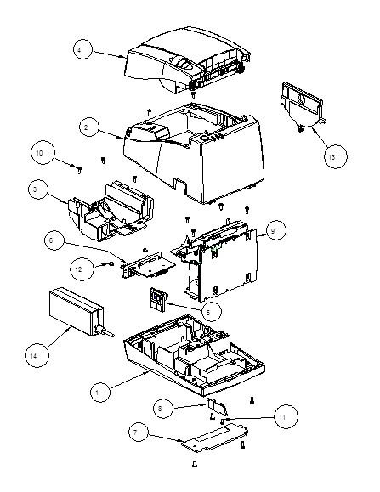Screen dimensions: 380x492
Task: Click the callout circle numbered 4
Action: click(82, 49)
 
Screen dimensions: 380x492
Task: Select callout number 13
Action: click(336, 156)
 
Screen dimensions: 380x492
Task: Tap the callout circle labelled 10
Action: click(43, 152)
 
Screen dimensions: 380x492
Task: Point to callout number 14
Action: click(37, 355)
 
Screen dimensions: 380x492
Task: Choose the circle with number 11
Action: click(286, 416)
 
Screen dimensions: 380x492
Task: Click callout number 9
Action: click(276, 230)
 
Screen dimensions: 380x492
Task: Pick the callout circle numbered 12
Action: click(82, 269)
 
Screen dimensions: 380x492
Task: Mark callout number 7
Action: click(139, 432)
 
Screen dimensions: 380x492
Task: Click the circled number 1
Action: click(100, 392)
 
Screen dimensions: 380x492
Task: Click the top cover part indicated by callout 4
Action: click(188, 61)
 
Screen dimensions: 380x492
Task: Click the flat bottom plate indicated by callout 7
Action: click(214, 437)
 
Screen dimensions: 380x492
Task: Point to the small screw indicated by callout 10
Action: click(79, 170)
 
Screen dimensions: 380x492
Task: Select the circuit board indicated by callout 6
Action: click(148, 265)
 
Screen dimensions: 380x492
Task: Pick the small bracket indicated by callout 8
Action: click(218, 406)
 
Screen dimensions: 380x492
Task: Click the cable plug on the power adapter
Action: click(105, 331)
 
